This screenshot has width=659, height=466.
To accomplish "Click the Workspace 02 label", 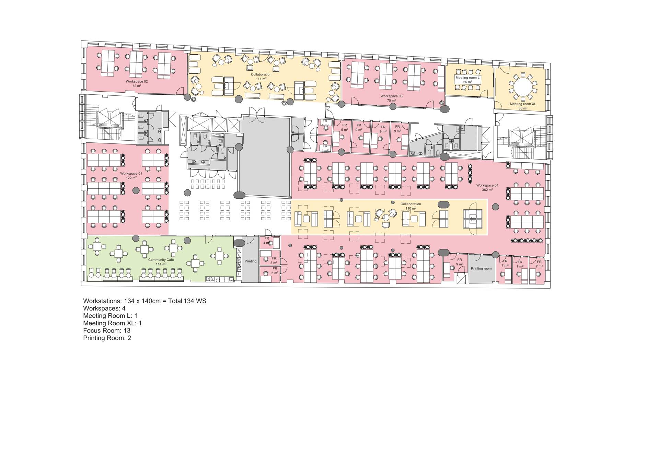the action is click(137, 81).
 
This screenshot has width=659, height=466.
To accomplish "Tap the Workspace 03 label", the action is click(391, 96).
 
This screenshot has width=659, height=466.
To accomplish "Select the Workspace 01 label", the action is click(131, 174).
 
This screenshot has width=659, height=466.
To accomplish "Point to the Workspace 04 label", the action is click(487, 185).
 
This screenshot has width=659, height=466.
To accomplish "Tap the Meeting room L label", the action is click(467, 78).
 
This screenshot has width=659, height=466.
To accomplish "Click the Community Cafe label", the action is click(161, 260).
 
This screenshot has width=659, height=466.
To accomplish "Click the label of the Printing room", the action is click(481, 268).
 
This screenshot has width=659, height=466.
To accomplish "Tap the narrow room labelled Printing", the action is click(250, 259).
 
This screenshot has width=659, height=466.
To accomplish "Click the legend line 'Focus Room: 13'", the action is click(107, 330).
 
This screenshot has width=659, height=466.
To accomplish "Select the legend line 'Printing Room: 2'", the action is click(107, 338).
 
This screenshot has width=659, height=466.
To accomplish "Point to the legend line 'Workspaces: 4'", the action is click(104, 308).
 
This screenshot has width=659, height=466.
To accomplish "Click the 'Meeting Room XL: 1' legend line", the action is click(112, 323).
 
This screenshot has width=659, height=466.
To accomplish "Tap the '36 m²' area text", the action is click(523, 108).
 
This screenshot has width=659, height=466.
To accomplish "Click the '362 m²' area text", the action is click(487, 190).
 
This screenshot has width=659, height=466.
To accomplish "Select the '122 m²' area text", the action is click(131, 178).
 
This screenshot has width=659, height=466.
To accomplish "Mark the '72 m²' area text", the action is click(137, 86).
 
